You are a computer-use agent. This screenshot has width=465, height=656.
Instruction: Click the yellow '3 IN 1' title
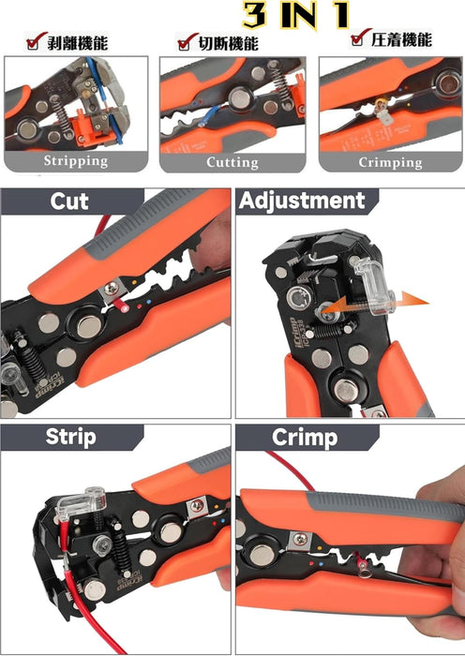point(296,16)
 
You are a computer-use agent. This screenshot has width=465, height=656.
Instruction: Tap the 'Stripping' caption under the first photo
point(76,161)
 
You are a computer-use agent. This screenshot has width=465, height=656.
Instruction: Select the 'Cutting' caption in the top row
point(232,162)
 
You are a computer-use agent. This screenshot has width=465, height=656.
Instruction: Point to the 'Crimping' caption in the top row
point(390,162)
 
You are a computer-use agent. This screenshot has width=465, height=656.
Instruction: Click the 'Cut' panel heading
point(69,201)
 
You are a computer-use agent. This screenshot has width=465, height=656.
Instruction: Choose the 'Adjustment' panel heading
point(302,201)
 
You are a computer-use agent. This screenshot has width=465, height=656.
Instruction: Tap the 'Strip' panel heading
point(70,438)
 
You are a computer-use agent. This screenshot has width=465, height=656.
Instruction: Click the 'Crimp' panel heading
point(305,438)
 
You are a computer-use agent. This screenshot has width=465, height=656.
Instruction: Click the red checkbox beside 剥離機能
point(35,41)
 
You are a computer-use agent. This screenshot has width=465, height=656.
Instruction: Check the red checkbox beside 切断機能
point(187,41)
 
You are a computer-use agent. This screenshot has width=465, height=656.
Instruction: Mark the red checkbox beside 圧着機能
point(359,37)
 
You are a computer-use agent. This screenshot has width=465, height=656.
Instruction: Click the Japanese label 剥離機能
point(78,43)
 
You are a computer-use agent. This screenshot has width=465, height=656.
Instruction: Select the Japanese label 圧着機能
point(401,39)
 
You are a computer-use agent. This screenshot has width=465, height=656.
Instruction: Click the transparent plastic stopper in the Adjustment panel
point(375,287)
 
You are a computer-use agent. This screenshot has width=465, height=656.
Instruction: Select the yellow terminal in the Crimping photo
point(382,108)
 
